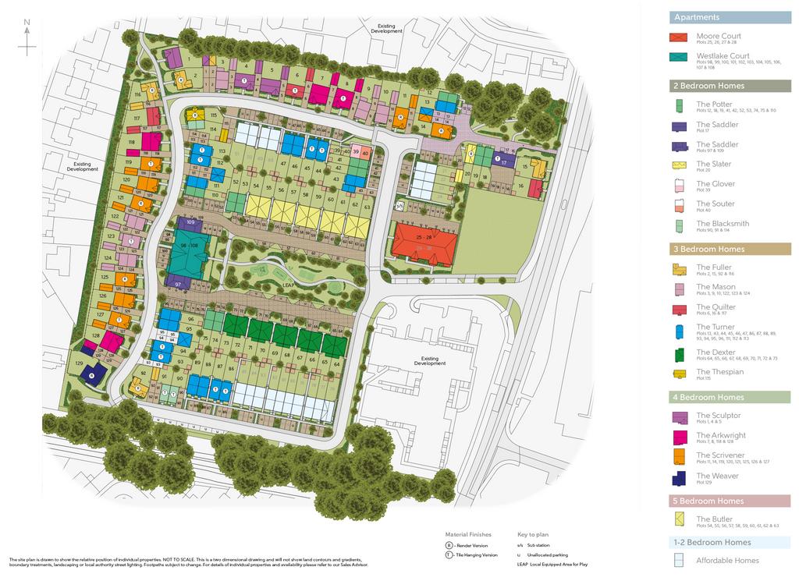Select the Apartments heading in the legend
coord(697,17)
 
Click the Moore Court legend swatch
coord(680,37)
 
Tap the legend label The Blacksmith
coord(723,224)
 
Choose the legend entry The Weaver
coord(716,476)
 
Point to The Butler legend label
coord(714,519)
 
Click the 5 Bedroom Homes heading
coord(708,501)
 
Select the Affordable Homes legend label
coord(727,560)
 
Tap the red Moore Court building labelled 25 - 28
coord(424,241)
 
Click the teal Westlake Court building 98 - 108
coord(184,251)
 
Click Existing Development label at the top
coord(386,28)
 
